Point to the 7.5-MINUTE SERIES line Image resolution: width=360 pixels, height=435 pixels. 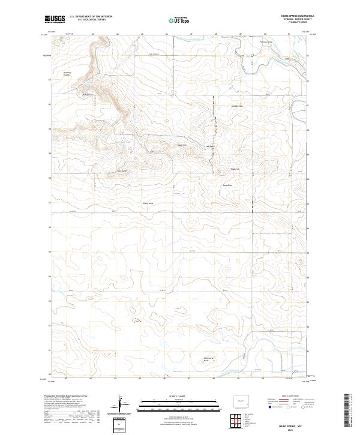coord(303,23)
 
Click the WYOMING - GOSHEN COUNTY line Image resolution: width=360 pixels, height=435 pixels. coord(301,20)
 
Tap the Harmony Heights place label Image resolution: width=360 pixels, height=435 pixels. coord(68,74)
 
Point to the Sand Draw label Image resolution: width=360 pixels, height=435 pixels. coord(227,185)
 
